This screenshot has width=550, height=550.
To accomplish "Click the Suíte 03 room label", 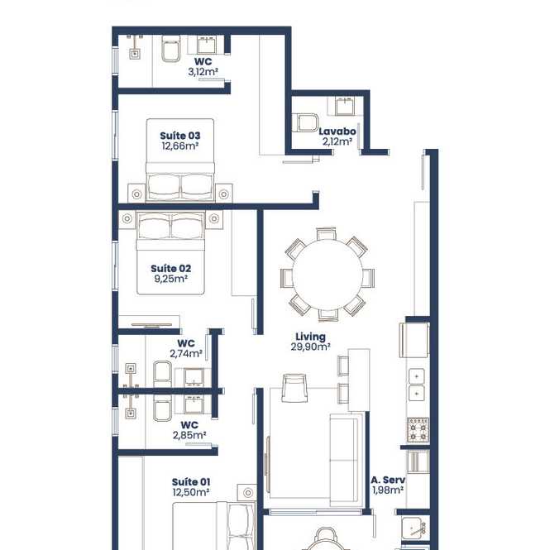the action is (x=180, y=136).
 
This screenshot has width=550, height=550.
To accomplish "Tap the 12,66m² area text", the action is (x=180, y=146).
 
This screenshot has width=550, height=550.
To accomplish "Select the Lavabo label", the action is (x=337, y=132).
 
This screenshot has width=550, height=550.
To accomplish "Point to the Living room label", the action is (x=310, y=337).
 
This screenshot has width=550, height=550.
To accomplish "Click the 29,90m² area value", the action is (x=310, y=347).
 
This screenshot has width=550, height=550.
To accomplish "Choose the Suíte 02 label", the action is (x=171, y=269).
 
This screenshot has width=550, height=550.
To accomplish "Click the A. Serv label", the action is (x=388, y=480).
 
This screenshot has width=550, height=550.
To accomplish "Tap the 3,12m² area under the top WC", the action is (x=203, y=72).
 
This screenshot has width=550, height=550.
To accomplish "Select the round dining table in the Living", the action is (x=328, y=275).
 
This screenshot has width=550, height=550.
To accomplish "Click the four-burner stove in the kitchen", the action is (x=418, y=430).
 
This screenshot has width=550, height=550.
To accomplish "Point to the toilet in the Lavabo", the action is (x=306, y=122).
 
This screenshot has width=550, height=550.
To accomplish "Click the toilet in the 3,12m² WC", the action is (x=171, y=49).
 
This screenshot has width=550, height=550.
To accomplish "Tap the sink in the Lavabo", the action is (x=345, y=107).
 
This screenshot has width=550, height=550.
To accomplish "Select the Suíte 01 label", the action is (x=191, y=482).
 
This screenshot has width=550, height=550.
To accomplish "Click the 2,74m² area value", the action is (x=186, y=354).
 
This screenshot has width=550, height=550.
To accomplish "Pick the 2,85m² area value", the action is (x=189, y=435).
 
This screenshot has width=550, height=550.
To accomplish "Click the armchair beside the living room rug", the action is (x=294, y=387).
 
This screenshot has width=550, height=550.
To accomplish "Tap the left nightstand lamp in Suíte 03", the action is (x=136, y=194).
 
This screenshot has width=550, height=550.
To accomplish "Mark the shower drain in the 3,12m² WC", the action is (x=135, y=54).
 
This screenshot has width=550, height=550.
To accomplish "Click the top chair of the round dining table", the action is (x=326, y=233).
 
